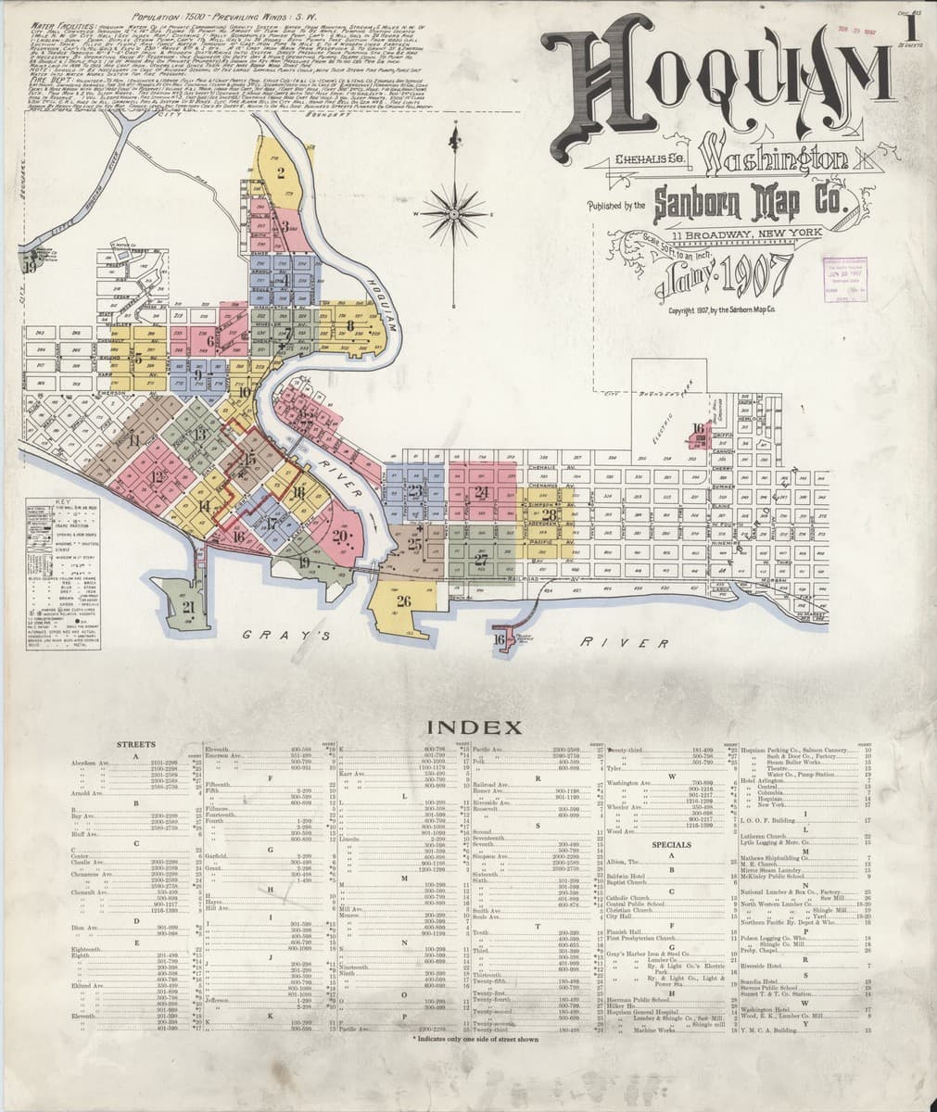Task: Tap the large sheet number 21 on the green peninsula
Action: coord(189,608)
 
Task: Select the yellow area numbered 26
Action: coord(403,601)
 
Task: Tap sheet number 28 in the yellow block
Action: coord(550,515)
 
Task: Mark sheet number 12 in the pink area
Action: coord(158,477)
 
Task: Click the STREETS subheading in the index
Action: coord(135,745)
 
